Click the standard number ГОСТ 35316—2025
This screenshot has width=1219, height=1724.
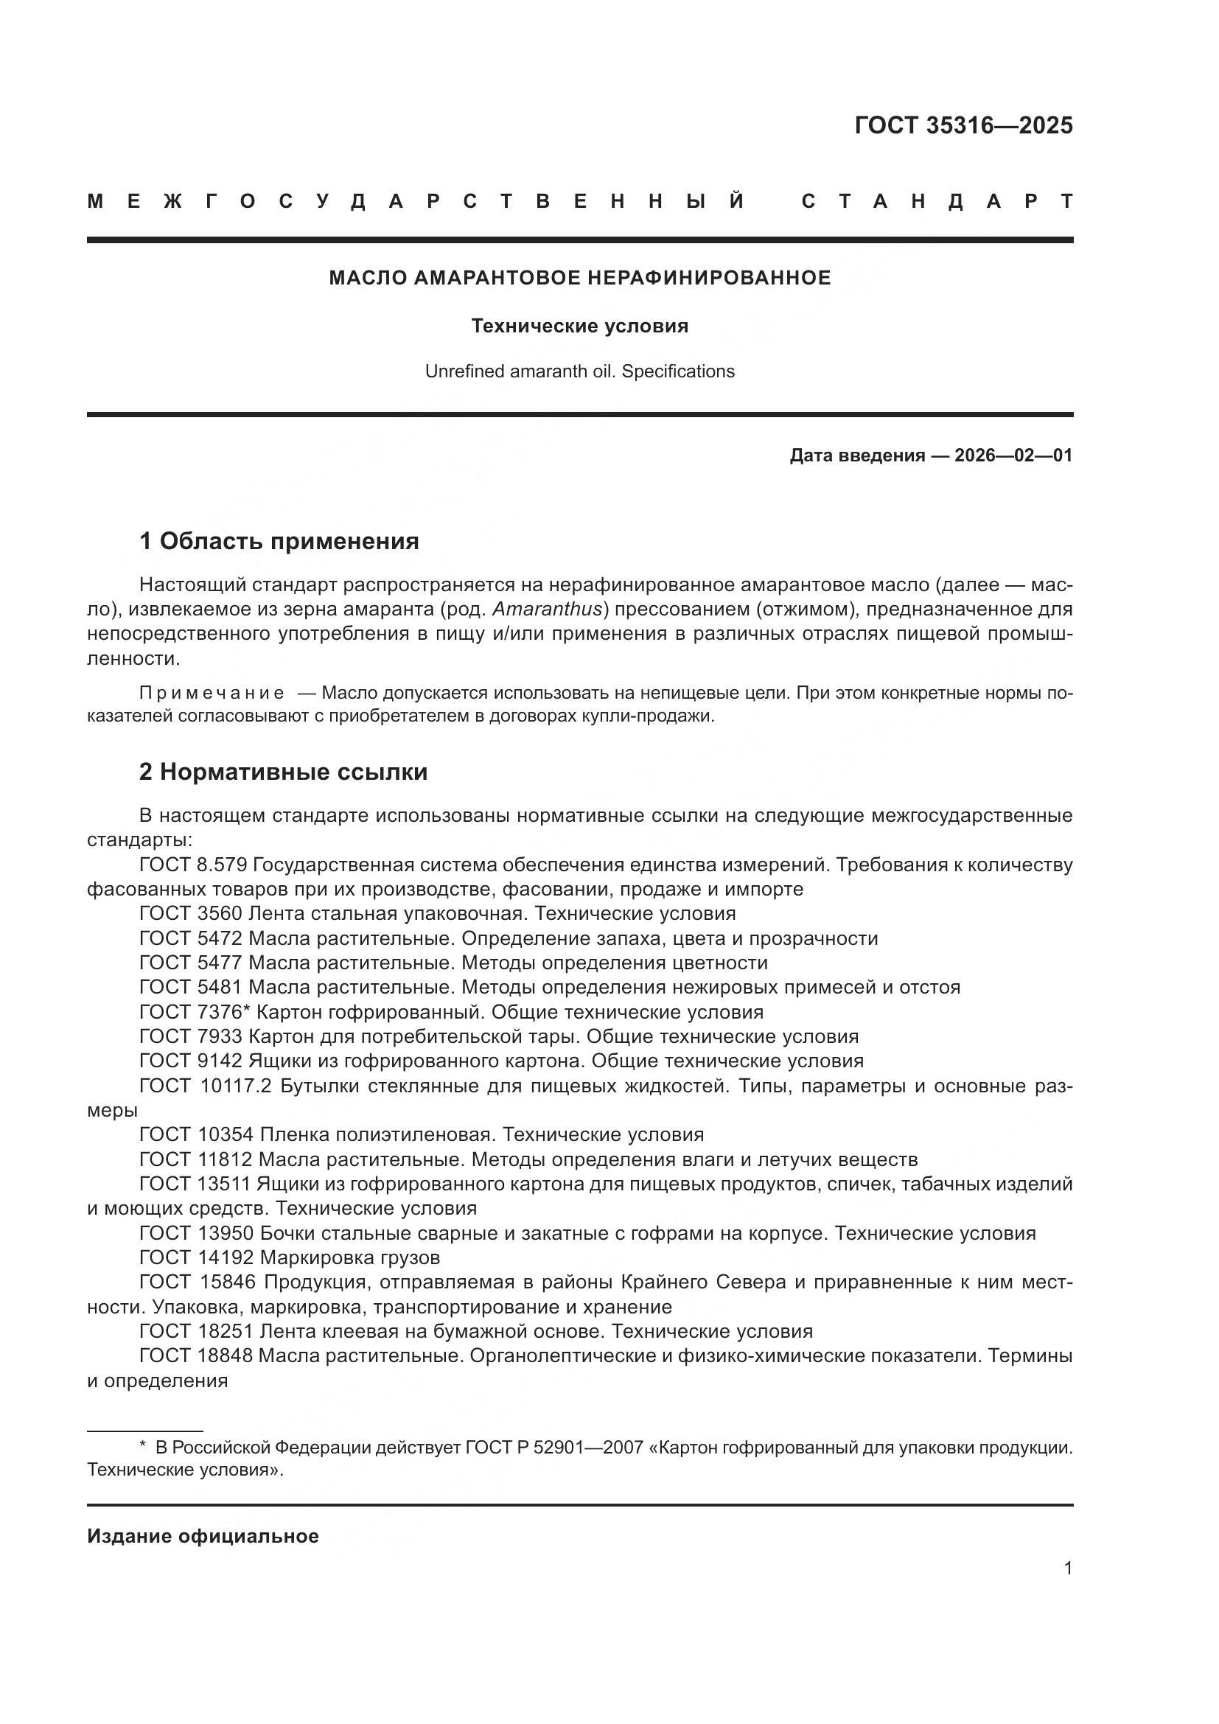click(963, 125)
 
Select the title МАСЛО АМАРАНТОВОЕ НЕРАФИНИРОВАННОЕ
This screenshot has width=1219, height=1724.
click(579, 278)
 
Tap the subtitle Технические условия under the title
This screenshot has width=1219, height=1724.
click(579, 326)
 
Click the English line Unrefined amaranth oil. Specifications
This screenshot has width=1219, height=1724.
click(579, 371)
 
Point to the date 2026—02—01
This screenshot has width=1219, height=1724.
click(1013, 456)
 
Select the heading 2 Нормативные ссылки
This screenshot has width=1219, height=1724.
click(283, 772)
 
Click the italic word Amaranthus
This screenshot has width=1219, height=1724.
click(548, 609)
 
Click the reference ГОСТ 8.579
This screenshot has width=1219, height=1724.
click(193, 865)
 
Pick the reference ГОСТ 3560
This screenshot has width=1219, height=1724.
click(191, 914)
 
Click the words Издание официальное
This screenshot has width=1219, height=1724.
click(203, 1536)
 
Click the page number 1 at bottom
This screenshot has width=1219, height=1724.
click(1067, 1568)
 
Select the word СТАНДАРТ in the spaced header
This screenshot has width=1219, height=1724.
click(937, 201)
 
